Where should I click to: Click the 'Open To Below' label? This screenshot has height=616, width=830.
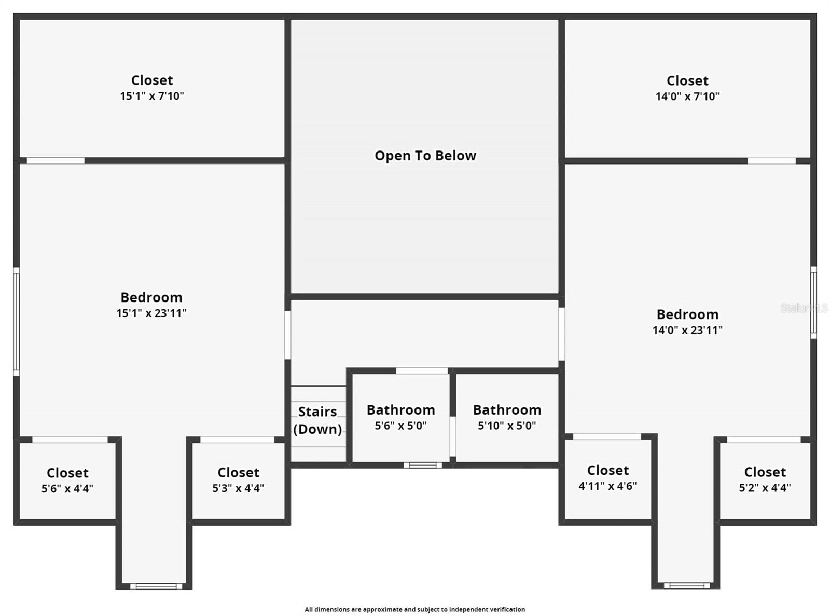pyautogui.click(x=425, y=156)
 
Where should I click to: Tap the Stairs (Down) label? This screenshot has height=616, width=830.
pyautogui.click(x=317, y=420)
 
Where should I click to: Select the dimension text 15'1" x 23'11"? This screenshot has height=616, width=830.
pyautogui.click(x=151, y=313)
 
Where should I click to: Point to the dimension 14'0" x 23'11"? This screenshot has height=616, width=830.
pyautogui.click(x=687, y=330)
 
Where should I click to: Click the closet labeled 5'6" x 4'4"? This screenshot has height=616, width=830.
pyautogui.click(x=67, y=480)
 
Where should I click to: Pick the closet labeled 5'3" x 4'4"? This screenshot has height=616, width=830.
pyautogui.click(x=238, y=480)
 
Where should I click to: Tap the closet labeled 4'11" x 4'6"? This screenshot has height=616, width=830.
pyautogui.click(x=607, y=477)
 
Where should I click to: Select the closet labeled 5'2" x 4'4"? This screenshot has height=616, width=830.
pyautogui.click(x=765, y=479)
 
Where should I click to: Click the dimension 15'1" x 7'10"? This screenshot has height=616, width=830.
pyautogui.click(x=152, y=96)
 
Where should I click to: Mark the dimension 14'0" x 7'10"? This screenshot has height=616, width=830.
pyautogui.click(x=687, y=97)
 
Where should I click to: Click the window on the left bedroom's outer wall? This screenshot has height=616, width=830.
pyautogui.click(x=16, y=322)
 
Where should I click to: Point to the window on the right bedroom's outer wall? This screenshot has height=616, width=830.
pyautogui.click(x=813, y=303)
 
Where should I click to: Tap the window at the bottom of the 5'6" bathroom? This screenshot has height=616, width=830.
pyautogui.click(x=423, y=465)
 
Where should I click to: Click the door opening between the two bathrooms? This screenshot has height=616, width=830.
pyautogui.click(x=452, y=436)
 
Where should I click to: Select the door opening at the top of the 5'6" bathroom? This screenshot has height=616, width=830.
pyautogui.click(x=422, y=371)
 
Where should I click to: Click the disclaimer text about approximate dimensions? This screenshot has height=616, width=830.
pyautogui.click(x=414, y=609)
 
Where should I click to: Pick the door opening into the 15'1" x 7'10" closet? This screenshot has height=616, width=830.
pyautogui.click(x=56, y=161)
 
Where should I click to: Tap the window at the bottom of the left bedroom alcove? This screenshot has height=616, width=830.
pyautogui.click(x=156, y=586)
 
